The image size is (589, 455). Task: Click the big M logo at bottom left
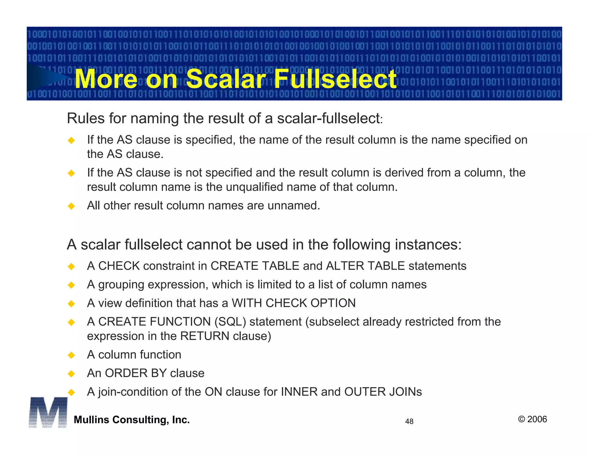click(48, 412)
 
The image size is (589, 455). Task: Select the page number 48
click(409, 421)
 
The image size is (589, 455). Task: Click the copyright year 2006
click(537, 419)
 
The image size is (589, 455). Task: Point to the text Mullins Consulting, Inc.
click(132, 420)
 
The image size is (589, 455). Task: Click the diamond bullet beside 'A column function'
click(71, 355)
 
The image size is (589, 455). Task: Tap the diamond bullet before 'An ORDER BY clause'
click(71, 374)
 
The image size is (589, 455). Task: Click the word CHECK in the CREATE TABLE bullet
click(119, 266)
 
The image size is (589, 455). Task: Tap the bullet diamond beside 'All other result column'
click(71, 206)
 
